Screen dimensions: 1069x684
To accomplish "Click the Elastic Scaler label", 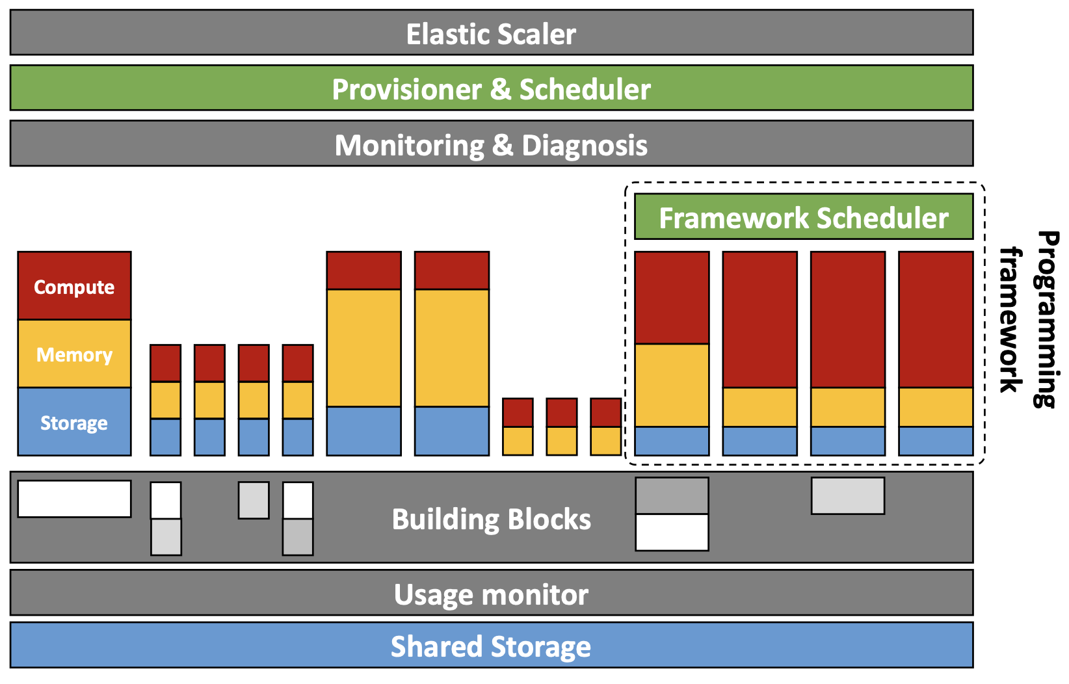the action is pyautogui.click(x=491, y=34).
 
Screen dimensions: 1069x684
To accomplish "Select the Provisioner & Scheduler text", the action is pyautogui.click(x=491, y=89).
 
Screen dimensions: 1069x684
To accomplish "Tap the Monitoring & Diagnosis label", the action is pyautogui.click(x=491, y=145).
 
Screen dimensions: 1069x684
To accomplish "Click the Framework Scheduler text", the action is pyautogui.click(x=804, y=218).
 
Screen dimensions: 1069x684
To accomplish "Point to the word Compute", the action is pyautogui.click(x=74, y=287).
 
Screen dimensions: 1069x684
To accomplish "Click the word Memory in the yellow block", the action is pyautogui.click(x=74, y=354).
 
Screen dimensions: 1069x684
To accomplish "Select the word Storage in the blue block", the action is pyautogui.click(x=74, y=423).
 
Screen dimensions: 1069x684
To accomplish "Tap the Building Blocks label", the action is pyautogui.click(x=491, y=519).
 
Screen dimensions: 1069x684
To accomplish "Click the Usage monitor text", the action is pyautogui.click(x=491, y=595).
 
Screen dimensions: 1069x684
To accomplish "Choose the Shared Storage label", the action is pyautogui.click(x=491, y=646).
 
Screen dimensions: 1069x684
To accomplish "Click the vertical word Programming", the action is pyautogui.click(x=1046, y=319).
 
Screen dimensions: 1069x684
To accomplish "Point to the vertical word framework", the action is pyautogui.click(x=1011, y=319).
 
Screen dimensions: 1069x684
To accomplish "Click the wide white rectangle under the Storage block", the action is pyautogui.click(x=74, y=499).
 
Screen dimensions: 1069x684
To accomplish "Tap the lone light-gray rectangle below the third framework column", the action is pyautogui.click(x=848, y=496).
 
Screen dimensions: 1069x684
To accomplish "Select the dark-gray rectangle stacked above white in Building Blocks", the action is pyautogui.click(x=672, y=496).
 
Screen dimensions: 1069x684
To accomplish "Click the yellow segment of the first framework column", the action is pyautogui.click(x=672, y=385).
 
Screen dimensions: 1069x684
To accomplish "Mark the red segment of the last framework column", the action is pyautogui.click(x=936, y=320).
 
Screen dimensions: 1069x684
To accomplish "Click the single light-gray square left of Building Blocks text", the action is pyautogui.click(x=254, y=500).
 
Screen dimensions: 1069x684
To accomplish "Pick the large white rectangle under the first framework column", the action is pyautogui.click(x=672, y=533).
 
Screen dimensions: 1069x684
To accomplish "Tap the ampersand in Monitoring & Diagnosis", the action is pyautogui.click(x=503, y=145).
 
